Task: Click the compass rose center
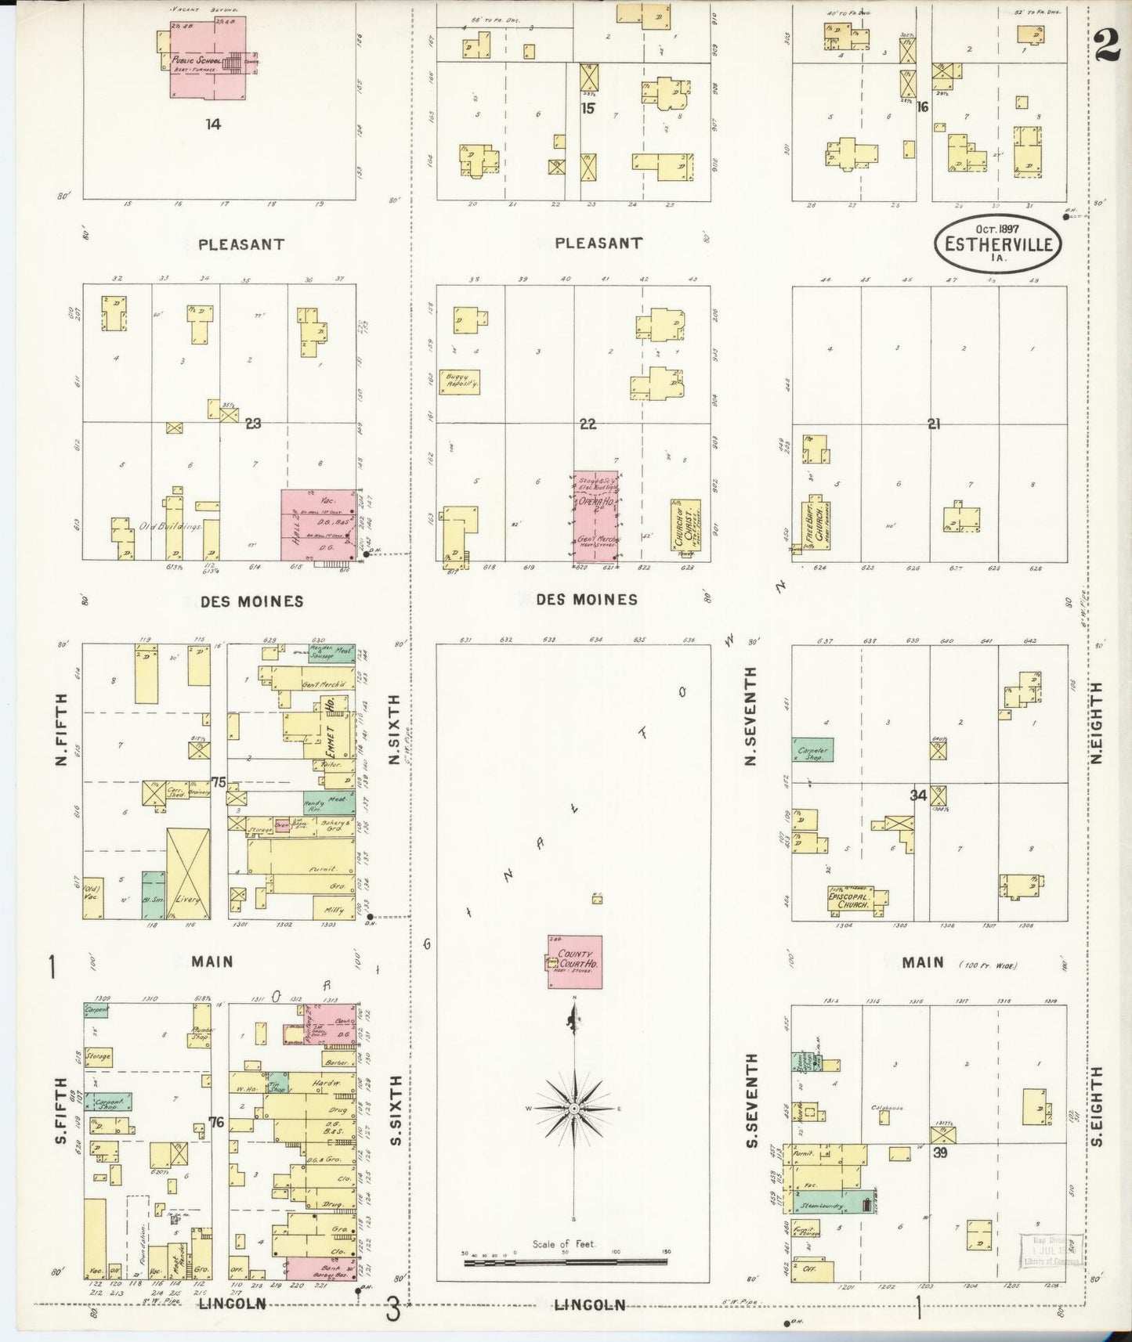pos(575,1109)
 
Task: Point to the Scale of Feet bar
pos(565,1262)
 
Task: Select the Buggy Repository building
pos(458,381)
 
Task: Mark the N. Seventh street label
pos(750,716)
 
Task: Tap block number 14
pos(213,124)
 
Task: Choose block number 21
pos(933,424)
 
